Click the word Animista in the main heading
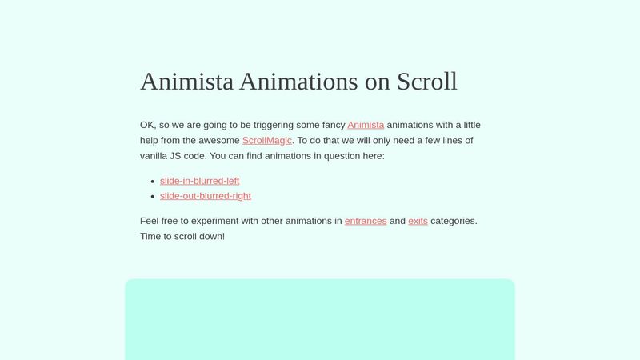(x=186, y=82)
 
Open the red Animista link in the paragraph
(x=366, y=125)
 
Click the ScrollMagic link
(x=267, y=140)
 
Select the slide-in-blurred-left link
(x=199, y=181)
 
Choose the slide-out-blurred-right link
(x=206, y=196)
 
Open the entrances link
(x=366, y=221)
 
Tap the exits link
(x=418, y=221)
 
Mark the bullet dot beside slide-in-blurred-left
(x=152, y=182)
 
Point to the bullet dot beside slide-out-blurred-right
(x=152, y=197)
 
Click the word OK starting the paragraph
(x=147, y=125)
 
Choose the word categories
(x=454, y=221)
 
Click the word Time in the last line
(x=152, y=236)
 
